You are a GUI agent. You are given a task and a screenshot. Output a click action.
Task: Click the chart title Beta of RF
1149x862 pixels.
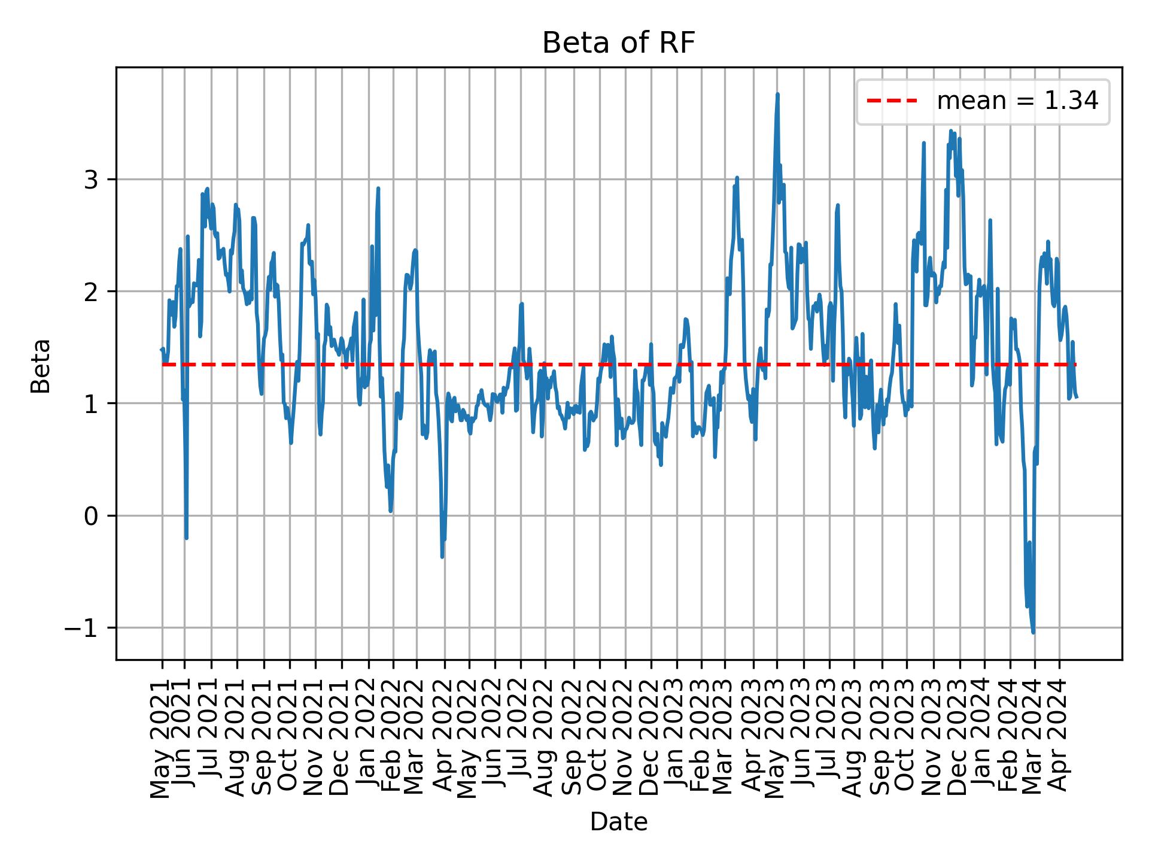pos(618,43)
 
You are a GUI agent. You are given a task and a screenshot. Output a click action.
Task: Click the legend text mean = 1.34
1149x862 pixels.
pos(1017,101)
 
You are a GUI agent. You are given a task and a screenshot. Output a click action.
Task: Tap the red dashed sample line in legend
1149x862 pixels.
pos(892,101)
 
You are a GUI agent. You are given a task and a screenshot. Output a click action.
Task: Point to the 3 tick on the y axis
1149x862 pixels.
pos(90,180)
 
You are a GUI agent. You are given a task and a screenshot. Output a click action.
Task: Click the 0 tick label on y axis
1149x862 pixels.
pos(90,516)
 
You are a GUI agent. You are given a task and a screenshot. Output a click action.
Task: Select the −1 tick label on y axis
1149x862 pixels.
pos(83,628)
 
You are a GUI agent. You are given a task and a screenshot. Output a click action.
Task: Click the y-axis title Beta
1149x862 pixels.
pos(41,366)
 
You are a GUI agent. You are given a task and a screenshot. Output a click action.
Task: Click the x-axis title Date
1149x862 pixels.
pos(618,822)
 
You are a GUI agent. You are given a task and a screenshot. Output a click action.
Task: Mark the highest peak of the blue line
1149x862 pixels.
pos(777,95)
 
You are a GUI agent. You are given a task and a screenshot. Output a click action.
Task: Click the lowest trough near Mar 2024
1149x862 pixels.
pos(1033,632)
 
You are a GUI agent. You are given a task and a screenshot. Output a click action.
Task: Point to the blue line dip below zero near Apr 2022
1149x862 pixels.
pos(442,556)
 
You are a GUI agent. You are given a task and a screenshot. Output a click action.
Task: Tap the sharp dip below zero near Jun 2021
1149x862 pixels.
pos(187,538)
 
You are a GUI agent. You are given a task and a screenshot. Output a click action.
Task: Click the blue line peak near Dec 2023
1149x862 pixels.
pos(950,130)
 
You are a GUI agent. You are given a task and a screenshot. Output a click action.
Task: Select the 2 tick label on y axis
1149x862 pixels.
pos(90,292)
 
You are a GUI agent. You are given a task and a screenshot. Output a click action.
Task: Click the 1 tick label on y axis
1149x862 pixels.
pos(90,403)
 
